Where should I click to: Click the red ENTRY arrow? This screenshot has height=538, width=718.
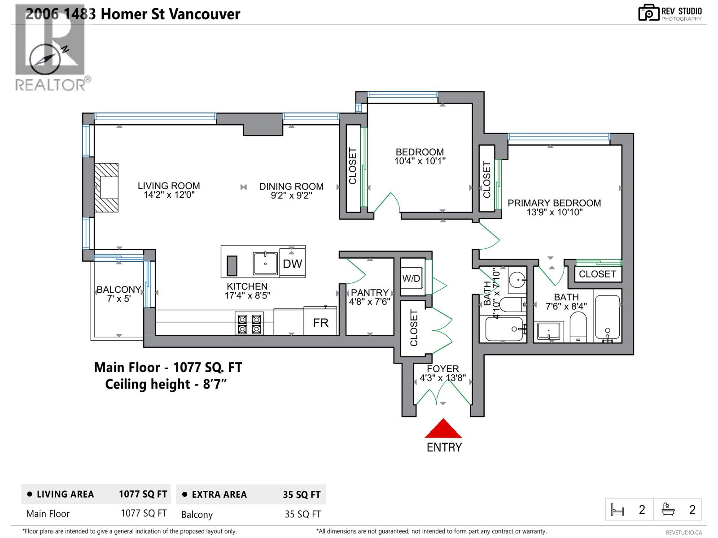pyautogui.click(x=443, y=429)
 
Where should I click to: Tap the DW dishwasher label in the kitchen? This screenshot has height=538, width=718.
pyautogui.click(x=292, y=264)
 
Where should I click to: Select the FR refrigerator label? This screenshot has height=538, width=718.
pyautogui.click(x=320, y=323)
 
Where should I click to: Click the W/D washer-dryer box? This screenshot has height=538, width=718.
pyautogui.click(x=412, y=278)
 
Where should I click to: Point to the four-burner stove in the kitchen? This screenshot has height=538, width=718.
pyautogui.click(x=249, y=324)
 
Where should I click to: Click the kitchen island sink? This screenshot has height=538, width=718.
pyautogui.click(x=265, y=264)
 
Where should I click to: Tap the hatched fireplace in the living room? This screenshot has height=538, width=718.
pyautogui.click(x=107, y=187)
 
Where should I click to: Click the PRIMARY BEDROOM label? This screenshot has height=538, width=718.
pyautogui.click(x=554, y=203)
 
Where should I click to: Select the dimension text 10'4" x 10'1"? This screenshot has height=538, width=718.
pyautogui.click(x=420, y=161)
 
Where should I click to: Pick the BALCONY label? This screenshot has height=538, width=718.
pyautogui.click(x=118, y=290)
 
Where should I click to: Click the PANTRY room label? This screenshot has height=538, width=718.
pyautogui.click(x=369, y=293)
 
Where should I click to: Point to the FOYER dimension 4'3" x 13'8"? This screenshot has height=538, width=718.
pyautogui.click(x=442, y=378)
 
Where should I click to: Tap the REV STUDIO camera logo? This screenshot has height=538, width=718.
pyautogui.click(x=648, y=13)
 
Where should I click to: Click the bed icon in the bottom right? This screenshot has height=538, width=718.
pyautogui.click(x=617, y=510)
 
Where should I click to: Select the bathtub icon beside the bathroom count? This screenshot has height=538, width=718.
pyautogui.click(x=668, y=510)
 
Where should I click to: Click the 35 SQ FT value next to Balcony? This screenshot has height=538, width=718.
pyautogui.click(x=302, y=514)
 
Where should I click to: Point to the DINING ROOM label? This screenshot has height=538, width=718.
pyautogui.click(x=291, y=186)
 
